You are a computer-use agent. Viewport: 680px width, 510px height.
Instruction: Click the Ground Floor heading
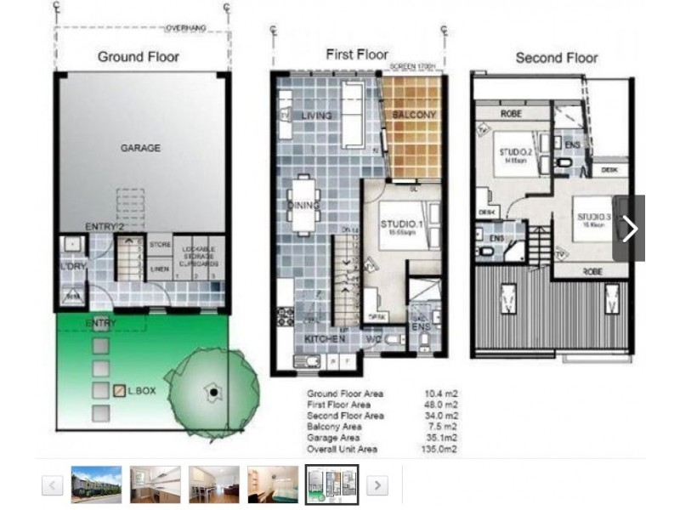(x=139, y=57)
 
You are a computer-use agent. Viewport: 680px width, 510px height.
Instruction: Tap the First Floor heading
(x=357, y=54)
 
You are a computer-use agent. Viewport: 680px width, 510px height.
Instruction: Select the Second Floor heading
(x=557, y=58)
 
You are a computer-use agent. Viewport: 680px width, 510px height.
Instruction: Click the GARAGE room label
(x=140, y=148)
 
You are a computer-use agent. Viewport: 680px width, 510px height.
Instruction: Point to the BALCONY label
(x=414, y=115)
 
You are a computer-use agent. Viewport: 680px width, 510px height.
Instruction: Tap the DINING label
(x=304, y=206)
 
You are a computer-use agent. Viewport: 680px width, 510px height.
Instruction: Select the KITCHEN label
(x=325, y=338)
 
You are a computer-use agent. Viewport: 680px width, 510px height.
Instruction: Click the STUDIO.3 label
(x=593, y=218)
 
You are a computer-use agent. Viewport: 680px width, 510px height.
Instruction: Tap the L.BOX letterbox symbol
(x=120, y=391)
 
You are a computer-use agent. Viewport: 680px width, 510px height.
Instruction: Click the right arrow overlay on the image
(x=629, y=229)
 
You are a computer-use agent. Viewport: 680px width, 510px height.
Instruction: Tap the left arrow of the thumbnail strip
(x=53, y=485)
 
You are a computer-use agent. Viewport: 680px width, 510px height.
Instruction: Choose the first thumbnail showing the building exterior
(x=96, y=484)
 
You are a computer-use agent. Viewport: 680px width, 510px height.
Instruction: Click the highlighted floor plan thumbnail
(x=331, y=484)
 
